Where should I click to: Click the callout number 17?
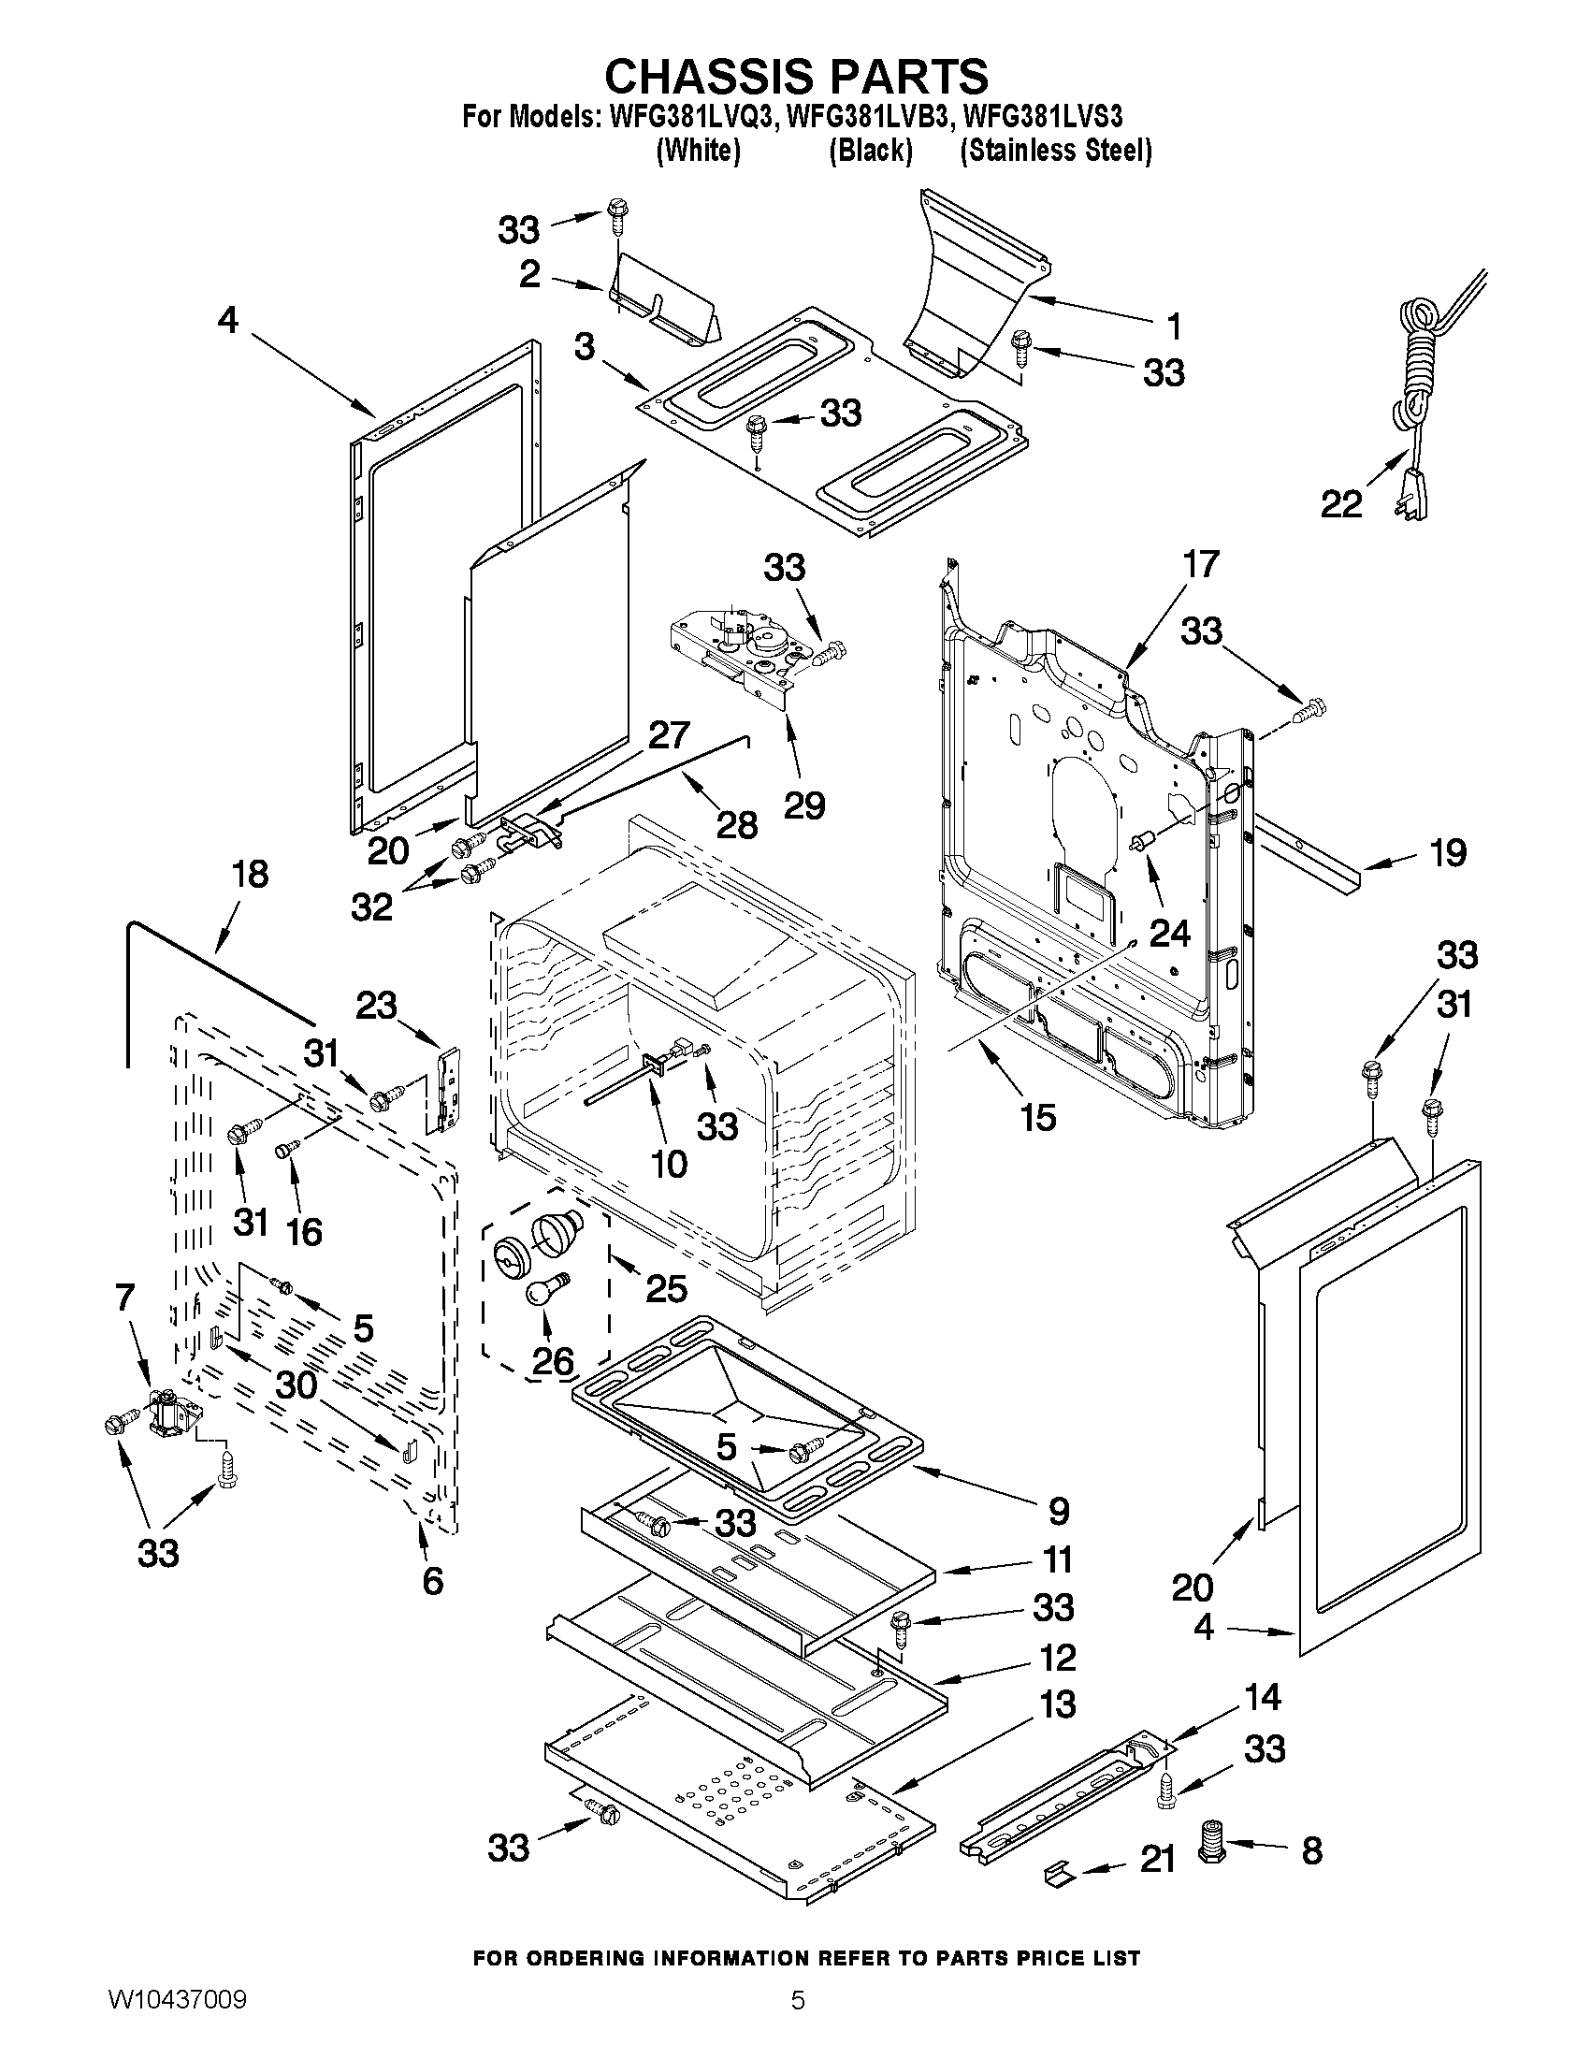coord(1200,564)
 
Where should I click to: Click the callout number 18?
coord(249,874)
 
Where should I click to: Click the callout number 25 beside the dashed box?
coord(665,1288)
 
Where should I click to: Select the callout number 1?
coord(1173,326)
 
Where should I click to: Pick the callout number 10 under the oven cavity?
coord(668,1164)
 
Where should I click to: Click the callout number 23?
coord(376,1004)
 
